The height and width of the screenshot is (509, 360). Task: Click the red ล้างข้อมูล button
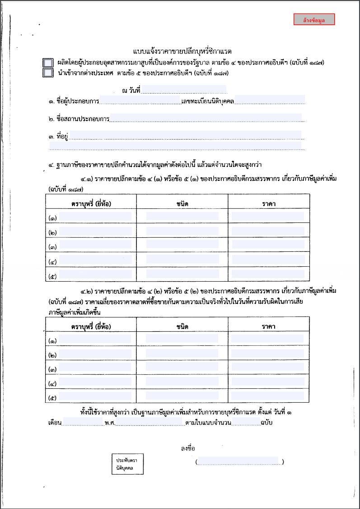click(314, 20)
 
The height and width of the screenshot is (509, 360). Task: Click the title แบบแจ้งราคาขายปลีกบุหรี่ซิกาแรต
click(185, 52)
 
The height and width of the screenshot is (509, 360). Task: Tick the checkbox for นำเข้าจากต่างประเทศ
click(47, 72)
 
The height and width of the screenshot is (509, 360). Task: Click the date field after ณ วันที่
click(184, 90)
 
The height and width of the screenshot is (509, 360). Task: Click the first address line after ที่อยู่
click(185, 135)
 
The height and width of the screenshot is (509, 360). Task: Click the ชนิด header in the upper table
click(182, 203)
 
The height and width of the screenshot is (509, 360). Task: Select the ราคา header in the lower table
click(269, 326)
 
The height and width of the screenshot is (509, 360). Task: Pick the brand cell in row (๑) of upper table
click(95, 217)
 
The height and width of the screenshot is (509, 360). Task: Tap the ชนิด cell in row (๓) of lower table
click(182, 368)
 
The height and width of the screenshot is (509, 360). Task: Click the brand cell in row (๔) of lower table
click(95, 382)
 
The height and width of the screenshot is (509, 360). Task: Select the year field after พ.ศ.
click(150, 423)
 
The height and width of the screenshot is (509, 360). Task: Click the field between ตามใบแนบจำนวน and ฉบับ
click(247, 423)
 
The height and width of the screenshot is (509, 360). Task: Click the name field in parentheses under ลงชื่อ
click(239, 461)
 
